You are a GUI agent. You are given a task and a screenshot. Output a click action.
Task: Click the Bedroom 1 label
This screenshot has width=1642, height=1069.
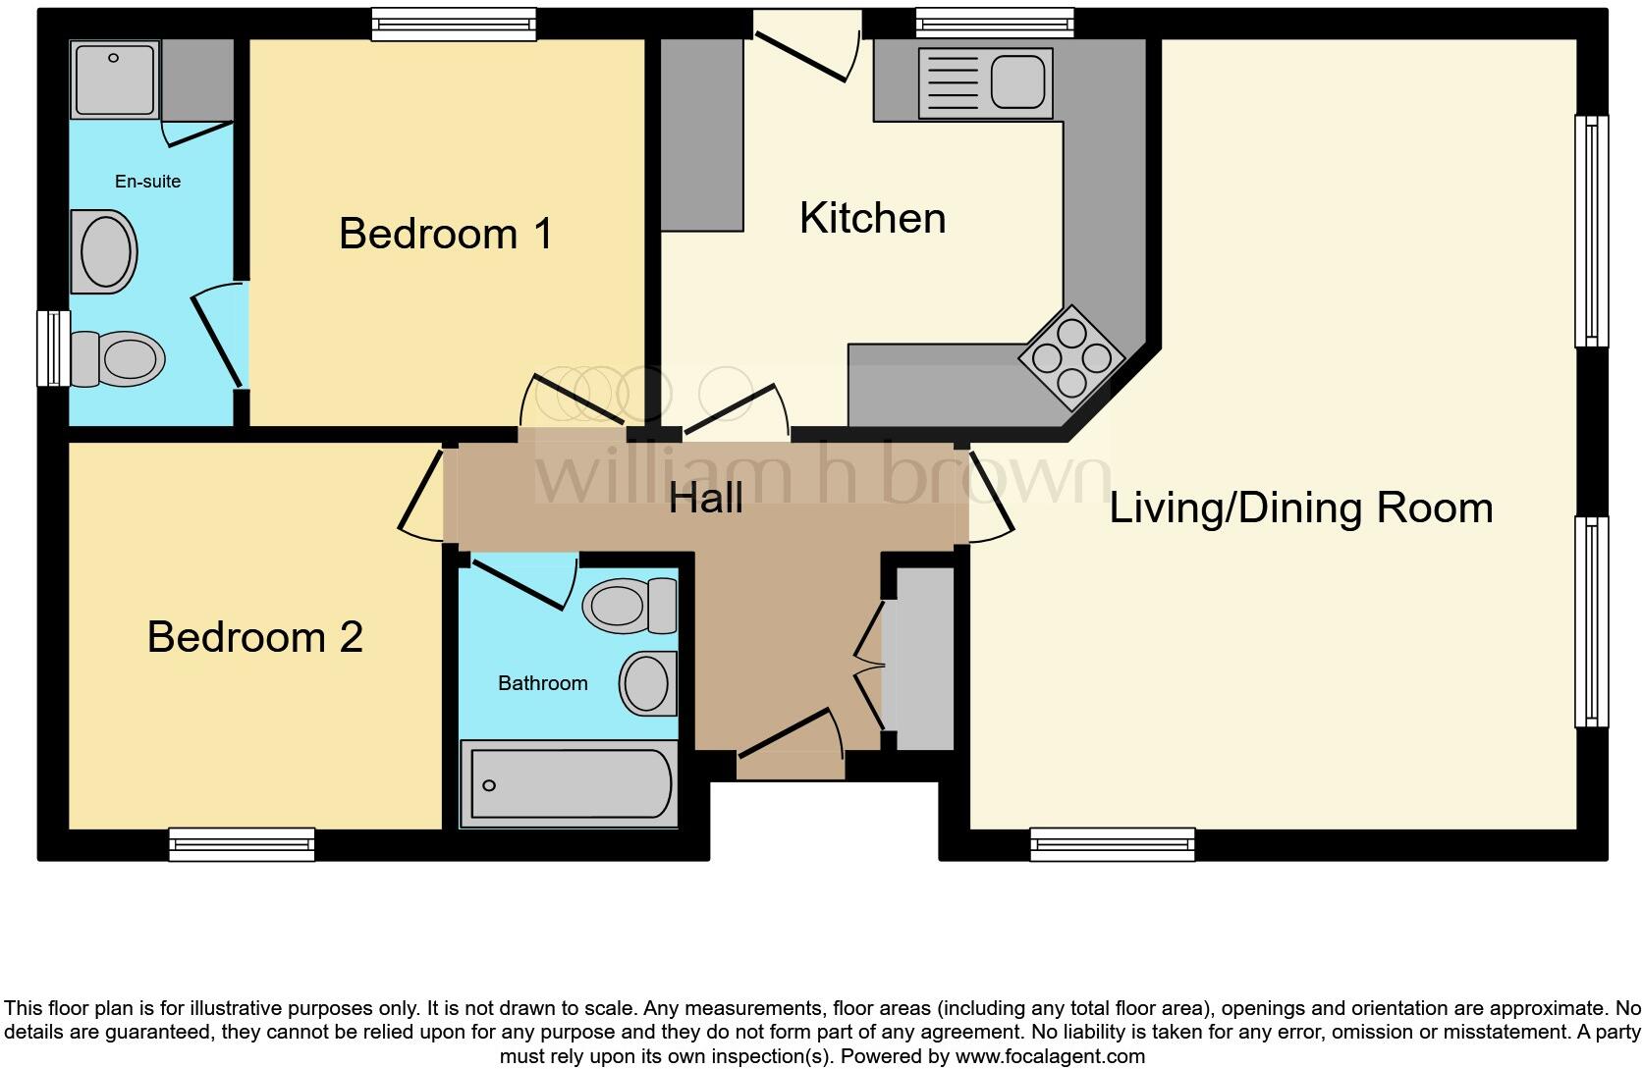coord(445,234)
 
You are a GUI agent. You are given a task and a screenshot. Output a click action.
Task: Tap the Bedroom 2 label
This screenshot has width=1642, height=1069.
coord(254,637)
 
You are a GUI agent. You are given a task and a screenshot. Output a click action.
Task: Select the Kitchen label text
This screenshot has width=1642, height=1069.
coord(872,218)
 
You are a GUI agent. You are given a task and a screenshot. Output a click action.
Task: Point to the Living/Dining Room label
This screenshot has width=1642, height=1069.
coord(1300,508)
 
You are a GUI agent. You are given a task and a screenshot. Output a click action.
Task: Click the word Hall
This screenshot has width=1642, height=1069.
coord(705,498)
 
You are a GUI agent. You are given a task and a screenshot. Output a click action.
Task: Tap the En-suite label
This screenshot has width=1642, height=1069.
coord(147,182)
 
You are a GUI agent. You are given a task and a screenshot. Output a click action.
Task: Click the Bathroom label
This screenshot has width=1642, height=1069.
coord(542,683)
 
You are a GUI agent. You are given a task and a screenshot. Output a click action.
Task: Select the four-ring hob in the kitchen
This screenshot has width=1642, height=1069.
coord(1071,357)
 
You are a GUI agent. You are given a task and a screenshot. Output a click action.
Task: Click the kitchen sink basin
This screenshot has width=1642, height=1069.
coord(1017,81)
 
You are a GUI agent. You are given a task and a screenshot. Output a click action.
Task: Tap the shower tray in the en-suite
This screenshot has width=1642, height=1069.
coord(114,79)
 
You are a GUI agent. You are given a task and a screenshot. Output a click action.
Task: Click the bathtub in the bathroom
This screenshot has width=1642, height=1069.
coord(570,784)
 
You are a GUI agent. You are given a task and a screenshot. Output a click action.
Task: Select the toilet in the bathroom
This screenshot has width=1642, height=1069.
coord(629,606)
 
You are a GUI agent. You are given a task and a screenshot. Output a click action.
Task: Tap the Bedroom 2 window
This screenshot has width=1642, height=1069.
coord(242,844)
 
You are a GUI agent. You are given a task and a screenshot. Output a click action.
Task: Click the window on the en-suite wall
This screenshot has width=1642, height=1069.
coord(53,348)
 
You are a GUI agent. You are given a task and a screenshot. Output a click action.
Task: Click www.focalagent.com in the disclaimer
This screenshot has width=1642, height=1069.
coord(1050,1057)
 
